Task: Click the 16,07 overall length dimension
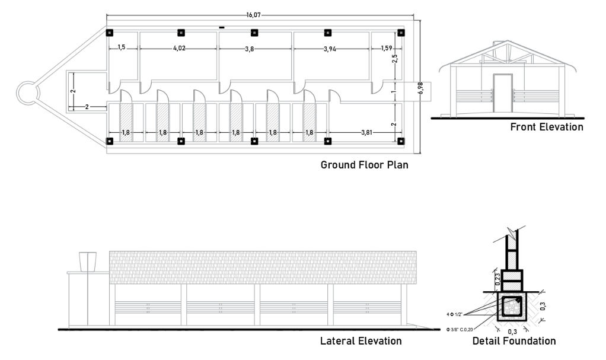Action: click(254, 15)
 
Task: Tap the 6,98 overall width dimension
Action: click(420, 88)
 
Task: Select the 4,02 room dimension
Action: click(178, 49)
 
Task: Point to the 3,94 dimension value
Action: click(330, 49)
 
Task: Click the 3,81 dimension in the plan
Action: click(366, 133)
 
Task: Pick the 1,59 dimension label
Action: click(387, 48)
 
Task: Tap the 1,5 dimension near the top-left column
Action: click(122, 47)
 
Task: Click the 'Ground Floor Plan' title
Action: click(365, 165)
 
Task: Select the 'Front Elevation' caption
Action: click(547, 127)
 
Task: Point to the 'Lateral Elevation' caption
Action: click(361, 340)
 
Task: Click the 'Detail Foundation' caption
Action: click(514, 340)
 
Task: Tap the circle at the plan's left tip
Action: click(28, 93)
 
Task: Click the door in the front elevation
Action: click(503, 93)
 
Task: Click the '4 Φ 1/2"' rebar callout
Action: click(454, 314)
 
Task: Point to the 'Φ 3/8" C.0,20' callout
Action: click(460, 329)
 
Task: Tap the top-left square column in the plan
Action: click(110, 33)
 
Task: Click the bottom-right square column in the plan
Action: click(401, 141)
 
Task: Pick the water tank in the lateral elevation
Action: click(88, 262)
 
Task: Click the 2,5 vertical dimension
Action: click(394, 59)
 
